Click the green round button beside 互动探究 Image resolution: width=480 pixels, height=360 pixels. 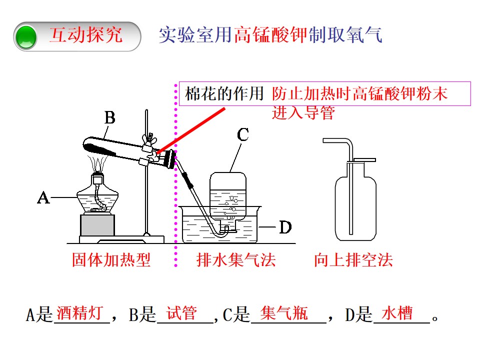click(26, 37)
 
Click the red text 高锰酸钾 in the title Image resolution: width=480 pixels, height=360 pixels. click(271, 34)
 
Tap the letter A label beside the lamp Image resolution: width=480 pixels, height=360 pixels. click(43, 197)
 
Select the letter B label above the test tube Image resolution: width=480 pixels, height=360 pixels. click(110, 117)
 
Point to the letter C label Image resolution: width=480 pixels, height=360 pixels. click(243, 134)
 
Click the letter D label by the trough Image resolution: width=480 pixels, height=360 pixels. click(285, 227)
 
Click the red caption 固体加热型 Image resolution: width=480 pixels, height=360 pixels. click(111, 260)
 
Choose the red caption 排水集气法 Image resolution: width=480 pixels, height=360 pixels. click(236, 260)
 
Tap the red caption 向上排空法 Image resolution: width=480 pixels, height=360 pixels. click(353, 260)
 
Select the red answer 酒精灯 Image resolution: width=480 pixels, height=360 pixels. click(79, 313)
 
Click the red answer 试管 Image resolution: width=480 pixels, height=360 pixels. click(182, 313)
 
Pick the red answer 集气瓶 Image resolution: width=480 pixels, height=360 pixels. click(284, 313)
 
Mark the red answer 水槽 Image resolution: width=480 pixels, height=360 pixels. click(397, 313)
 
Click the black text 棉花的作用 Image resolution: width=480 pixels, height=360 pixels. click(224, 93)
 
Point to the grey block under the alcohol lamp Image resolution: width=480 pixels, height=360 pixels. click(97, 225)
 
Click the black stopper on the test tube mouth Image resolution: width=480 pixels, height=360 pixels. click(169, 159)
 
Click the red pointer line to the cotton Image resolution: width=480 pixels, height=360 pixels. click(190, 130)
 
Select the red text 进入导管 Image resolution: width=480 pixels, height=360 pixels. click(303, 112)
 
